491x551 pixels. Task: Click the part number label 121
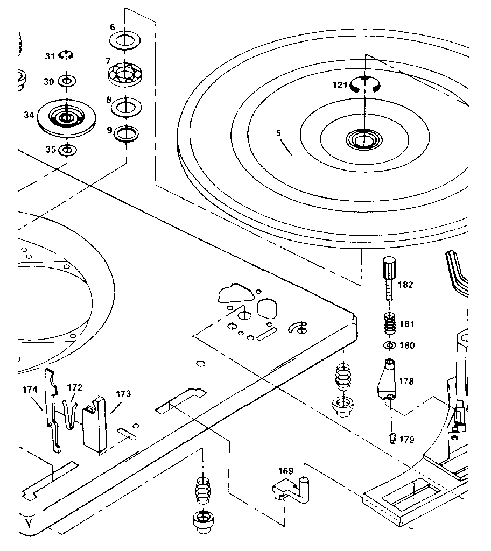[x=339, y=85]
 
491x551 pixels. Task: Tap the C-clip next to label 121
[x=365, y=85]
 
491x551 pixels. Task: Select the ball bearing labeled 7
[x=125, y=73]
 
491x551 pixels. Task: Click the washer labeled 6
[x=125, y=40]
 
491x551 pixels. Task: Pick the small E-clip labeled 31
[x=67, y=54]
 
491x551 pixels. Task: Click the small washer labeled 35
[x=66, y=149]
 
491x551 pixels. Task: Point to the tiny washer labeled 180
[x=390, y=345]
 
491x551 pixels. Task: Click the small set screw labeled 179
[x=392, y=438]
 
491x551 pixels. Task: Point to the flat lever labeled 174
[x=52, y=409]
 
